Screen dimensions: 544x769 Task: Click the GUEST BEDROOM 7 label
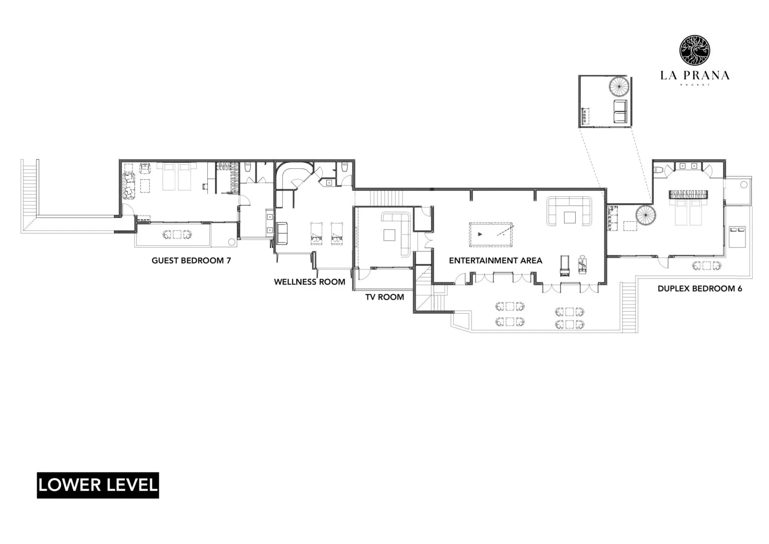tap(191, 260)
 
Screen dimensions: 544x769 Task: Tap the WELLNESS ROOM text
tap(309, 282)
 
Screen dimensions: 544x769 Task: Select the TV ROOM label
tap(384, 297)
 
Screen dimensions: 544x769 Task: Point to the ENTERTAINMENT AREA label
tap(495, 260)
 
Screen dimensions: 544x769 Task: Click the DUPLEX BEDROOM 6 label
tap(699, 289)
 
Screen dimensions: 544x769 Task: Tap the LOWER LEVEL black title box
tap(98, 485)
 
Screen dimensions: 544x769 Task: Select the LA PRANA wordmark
tap(694, 76)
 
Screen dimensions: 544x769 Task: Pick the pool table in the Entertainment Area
tap(491, 234)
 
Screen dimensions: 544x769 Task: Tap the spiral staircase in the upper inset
tap(619, 88)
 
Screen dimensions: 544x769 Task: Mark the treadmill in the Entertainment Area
tap(564, 266)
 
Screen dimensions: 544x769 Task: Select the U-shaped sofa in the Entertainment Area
tap(570, 211)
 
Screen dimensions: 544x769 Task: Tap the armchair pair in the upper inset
tap(619, 111)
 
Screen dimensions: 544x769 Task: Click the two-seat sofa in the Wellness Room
tap(282, 233)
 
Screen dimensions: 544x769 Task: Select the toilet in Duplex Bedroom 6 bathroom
tap(659, 169)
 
